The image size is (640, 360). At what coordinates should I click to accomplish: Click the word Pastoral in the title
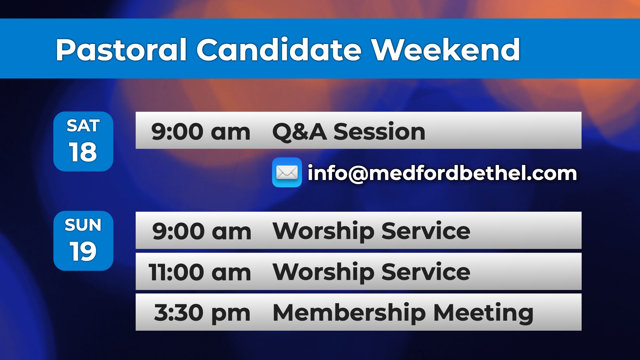coord(121,50)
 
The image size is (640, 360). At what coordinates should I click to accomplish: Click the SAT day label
coord(83,126)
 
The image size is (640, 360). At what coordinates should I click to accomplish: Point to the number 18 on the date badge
coord(83,152)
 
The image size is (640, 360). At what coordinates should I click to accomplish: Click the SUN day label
coord(83,225)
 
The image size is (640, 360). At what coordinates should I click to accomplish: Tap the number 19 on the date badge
coord(83,251)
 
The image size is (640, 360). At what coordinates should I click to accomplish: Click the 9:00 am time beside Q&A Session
coord(201,132)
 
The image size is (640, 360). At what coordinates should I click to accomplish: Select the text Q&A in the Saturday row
coord(299,132)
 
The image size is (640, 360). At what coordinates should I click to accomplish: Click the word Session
coord(379,131)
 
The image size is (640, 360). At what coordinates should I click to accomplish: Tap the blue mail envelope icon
coord(287,172)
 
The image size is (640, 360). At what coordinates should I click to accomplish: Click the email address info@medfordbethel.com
coord(442,173)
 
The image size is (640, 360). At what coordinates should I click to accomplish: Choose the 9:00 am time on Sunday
coord(202,231)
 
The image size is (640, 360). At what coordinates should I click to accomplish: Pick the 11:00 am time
coord(200,272)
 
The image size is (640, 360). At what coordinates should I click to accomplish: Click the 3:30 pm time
coord(202,313)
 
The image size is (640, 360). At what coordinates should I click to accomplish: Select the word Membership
coord(349,313)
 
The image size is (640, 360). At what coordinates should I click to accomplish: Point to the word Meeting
coord(483,313)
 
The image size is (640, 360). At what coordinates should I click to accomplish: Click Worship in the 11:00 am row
coord(323,272)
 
